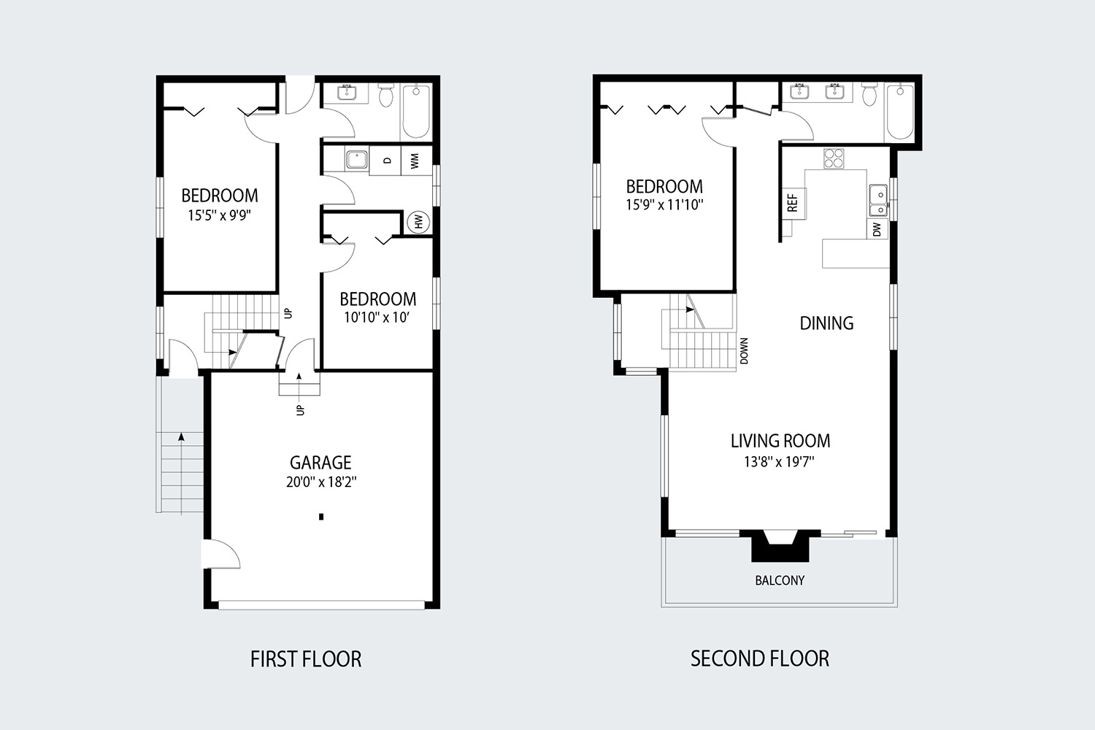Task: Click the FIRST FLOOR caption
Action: coord(306,659)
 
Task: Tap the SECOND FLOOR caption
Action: coord(759,658)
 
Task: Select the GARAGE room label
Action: coord(320,462)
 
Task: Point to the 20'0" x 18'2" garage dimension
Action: coord(321,482)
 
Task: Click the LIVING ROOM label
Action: coord(780,441)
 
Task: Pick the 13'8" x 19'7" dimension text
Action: coord(779,461)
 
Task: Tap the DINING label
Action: coord(826,323)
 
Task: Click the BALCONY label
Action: coord(780,580)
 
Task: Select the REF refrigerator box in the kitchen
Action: coord(793,202)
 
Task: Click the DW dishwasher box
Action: coord(877,229)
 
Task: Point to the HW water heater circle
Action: coord(418,221)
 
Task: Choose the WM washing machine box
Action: coord(415,161)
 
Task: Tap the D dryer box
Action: coord(386,161)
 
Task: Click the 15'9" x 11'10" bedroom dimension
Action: coord(664,205)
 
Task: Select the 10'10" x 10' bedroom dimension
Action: coord(378,318)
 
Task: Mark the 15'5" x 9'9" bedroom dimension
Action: coord(219,215)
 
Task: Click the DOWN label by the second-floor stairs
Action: coord(744,351)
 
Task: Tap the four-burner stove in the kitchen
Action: coord(834,158)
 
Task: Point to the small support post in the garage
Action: coord(321,517)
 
